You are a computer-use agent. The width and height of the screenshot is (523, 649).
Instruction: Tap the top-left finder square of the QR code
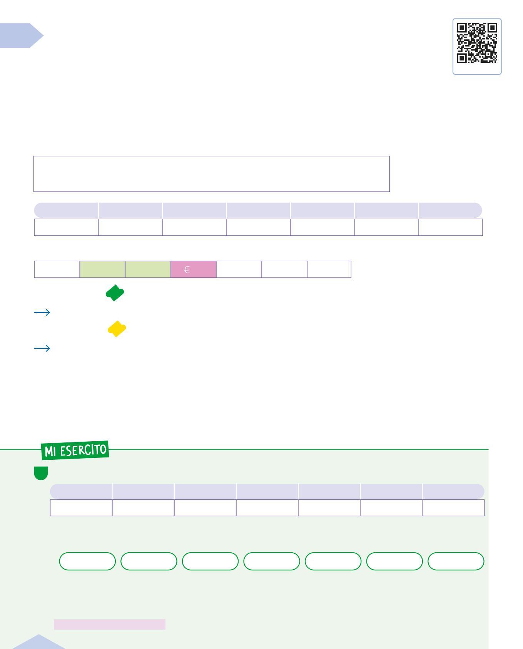pos(462,28)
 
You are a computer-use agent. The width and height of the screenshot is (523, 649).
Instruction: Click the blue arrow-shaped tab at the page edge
pos(22,35)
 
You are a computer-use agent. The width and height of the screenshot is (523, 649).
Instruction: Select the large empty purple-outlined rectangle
pos(211,174)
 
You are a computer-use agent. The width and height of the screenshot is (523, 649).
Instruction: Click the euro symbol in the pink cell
pos(187,270)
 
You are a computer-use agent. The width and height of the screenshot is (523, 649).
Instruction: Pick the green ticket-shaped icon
pos(115,293)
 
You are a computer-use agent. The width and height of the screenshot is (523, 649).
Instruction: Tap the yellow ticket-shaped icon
pos(117,329)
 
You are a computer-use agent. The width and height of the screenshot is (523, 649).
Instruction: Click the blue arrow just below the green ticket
pos(42,312)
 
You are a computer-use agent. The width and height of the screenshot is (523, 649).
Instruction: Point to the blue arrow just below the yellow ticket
pos(42,348)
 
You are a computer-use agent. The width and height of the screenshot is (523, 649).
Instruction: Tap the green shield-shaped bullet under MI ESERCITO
pos(41,473)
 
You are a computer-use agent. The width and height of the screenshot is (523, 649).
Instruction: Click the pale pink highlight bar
pos(109,624)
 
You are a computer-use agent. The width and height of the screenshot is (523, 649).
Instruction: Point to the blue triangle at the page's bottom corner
pos(38,642)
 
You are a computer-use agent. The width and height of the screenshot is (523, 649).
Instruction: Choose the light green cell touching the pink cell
pos(148,269)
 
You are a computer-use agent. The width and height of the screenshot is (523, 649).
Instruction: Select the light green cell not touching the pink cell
pos(102,269)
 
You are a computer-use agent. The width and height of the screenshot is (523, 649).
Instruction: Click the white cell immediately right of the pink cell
pos(239,269)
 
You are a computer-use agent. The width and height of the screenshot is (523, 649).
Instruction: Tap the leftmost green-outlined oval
pos(87,561)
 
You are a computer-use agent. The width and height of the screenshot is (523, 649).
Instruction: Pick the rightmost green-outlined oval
pos(456,561)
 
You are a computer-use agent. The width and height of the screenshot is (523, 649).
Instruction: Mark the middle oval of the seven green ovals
pos(272,561)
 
